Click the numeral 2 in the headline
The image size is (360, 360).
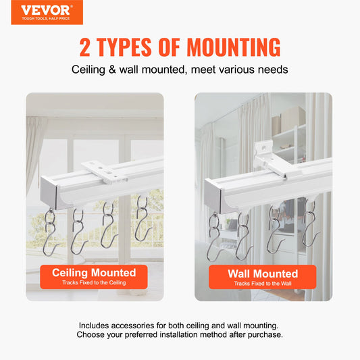86,47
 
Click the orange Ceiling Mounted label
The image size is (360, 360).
95,276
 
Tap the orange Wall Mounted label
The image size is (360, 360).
263,276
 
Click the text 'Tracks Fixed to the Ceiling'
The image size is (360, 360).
95,284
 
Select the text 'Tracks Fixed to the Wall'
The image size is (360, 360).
263,284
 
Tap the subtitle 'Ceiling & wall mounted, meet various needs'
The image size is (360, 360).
180,70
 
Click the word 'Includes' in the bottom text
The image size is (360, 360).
97,326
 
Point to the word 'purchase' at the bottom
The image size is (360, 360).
263,335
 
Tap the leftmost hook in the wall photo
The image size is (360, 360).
215,230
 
